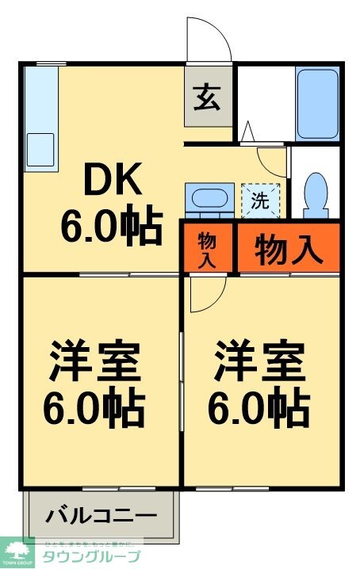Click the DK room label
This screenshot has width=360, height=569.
(111, 181)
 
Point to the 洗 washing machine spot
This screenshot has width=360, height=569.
(260, 200)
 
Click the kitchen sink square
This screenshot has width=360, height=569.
(40, 149)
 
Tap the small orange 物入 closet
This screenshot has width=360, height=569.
(207, 249)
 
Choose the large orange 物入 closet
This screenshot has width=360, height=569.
(289, 249)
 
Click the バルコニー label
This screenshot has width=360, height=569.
(101, 515)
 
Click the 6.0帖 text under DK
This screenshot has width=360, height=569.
(111, 227)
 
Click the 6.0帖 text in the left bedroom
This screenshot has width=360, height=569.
(95, 407)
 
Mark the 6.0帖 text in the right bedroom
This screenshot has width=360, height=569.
(259, 407)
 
